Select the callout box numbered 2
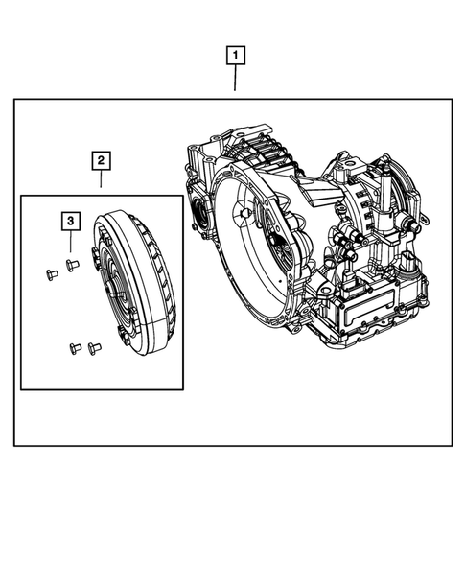click(x=102, y=161)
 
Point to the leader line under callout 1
click(x=235, y=80)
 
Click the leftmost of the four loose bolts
click(x=51, y=276)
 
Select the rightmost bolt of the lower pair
click(x=93, y=347)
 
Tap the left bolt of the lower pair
click(x=73, y=346)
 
